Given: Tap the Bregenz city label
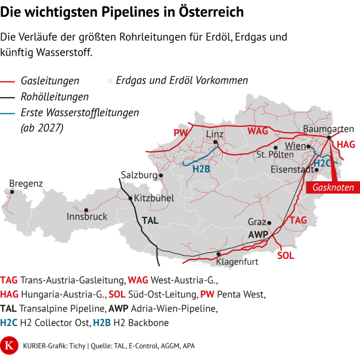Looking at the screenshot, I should [x=26, y=184].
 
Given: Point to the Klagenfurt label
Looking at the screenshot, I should [x=237, y=262].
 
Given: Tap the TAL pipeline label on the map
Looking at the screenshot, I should [x=150, y=221].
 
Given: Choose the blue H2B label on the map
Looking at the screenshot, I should [x=201, y=169].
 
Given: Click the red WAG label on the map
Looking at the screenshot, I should [x=258, y=131].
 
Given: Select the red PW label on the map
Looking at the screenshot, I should [x=180, y=133].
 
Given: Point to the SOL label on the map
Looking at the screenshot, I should [x=286, y=255].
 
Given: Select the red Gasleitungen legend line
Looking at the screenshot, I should [x=8, y=81].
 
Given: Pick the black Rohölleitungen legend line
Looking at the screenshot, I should [x=8, y=96].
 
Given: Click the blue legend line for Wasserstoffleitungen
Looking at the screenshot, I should [x=8, y=112].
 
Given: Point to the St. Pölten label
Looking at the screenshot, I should [x=275, y=155].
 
